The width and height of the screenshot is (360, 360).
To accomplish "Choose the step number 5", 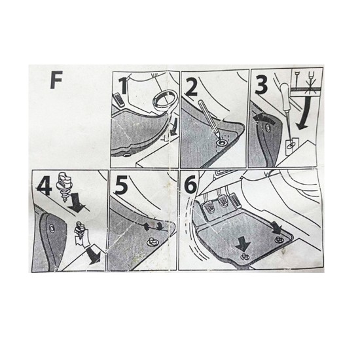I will (x=122, y=185).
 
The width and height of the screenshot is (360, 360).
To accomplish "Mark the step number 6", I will (x=190, y=186).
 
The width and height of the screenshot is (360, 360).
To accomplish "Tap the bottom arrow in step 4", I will (x=94, y=256).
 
